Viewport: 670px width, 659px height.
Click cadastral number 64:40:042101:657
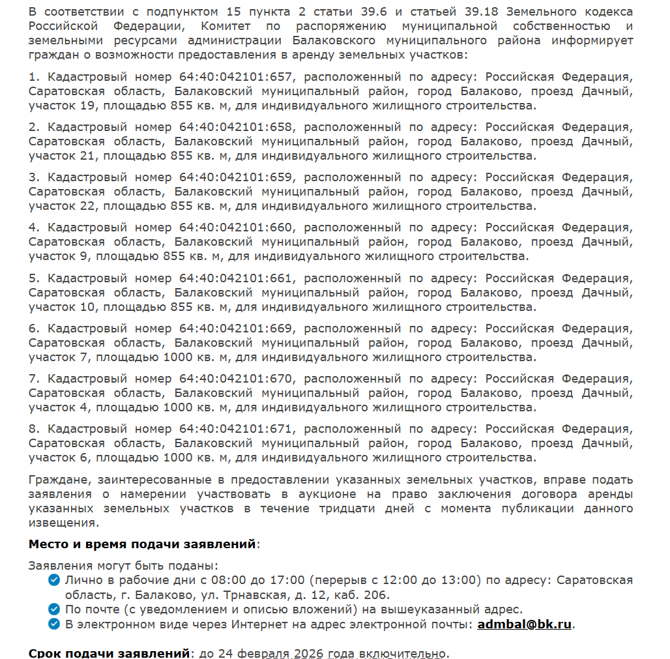click(236, 77)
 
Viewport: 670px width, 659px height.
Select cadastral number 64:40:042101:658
click(236, 127)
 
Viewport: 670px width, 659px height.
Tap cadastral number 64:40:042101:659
click(236, 177)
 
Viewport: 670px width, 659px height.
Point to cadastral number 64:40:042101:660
click(236, 227)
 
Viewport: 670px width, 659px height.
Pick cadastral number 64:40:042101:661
click(236, 278)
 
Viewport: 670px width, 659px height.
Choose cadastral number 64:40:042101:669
click(236, 329)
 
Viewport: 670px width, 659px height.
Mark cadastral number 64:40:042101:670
click(236, 379)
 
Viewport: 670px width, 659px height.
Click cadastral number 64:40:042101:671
click(236, 429)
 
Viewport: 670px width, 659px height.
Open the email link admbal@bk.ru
click(525, 624)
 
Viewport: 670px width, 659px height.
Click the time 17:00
click(287, 580)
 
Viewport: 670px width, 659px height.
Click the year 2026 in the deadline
click(309, 653)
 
